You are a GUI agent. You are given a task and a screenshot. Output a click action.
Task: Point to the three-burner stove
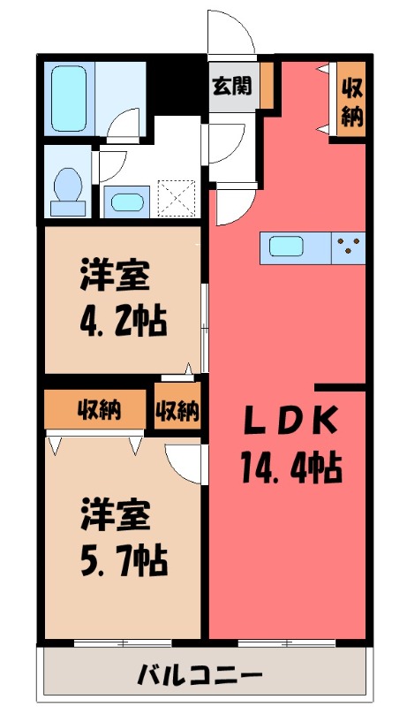(350, 247)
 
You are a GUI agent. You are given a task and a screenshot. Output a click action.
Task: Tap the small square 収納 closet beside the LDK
(177, 409)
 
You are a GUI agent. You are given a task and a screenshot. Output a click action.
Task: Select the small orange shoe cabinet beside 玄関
(266, 86)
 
